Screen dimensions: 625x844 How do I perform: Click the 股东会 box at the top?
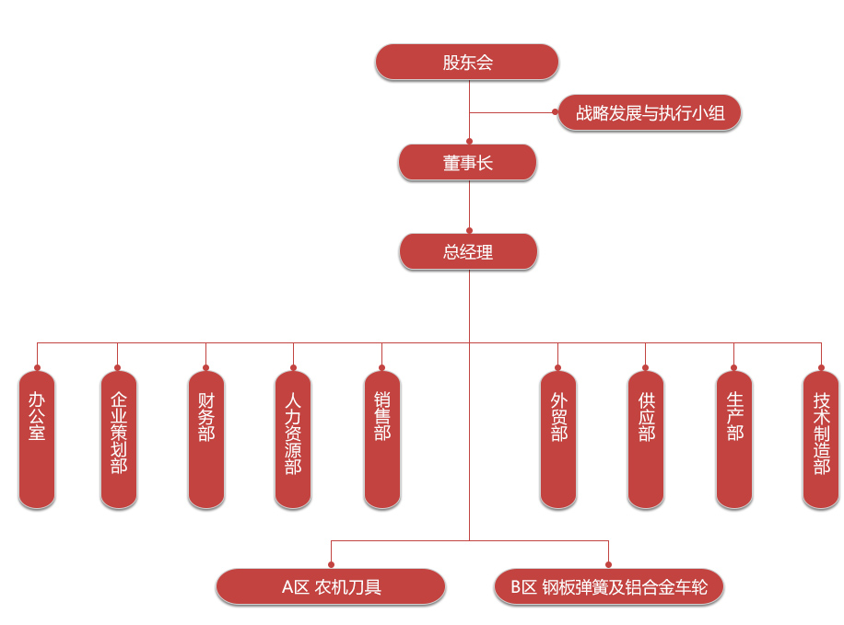coord(467,63)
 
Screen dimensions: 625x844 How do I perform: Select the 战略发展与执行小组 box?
coord(650,113)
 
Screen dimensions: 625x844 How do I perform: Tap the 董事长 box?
coord(467,163)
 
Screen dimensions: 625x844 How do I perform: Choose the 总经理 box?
coord(468,251)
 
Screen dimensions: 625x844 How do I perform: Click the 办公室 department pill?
coord(37,439)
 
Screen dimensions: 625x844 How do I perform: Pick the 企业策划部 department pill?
coord(118,439)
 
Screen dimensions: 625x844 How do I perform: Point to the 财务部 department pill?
coord(206,439)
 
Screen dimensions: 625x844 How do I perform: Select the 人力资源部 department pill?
coord(293,439)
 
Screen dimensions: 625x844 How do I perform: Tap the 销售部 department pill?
coord(381,439)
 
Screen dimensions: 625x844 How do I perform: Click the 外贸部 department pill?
coord(558,439)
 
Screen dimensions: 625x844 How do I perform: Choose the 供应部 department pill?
coord(646,439)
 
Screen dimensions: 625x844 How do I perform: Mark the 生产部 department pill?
coord(734,439)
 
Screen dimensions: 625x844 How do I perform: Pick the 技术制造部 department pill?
coord(821,439)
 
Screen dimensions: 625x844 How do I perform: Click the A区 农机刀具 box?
coord(331,586)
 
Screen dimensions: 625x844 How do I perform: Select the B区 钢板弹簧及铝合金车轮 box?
coord(609,586)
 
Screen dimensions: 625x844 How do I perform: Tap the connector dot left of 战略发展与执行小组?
coord(556,113)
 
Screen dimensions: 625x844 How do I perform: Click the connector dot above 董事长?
coord(469,141)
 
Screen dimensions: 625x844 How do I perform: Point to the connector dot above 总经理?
coord(469,230)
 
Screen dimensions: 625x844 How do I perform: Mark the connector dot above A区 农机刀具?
coord(331,564)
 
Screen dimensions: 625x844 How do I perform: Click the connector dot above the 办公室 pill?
coord(37,367)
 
